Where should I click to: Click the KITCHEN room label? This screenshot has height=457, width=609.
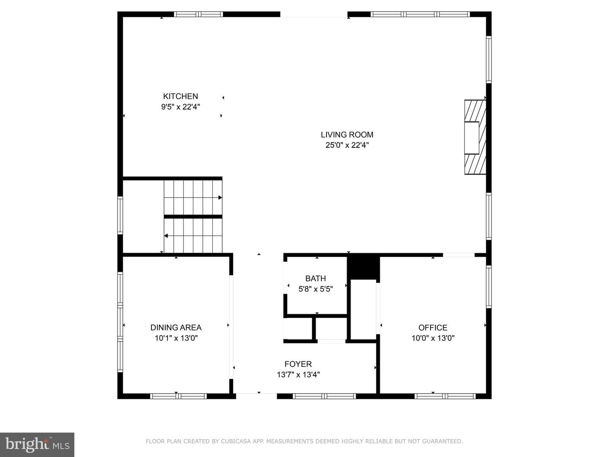(x=180, y=96)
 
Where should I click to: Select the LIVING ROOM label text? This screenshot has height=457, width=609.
(x=347, y=135)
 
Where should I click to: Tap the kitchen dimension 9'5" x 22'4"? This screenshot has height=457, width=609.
(x=180, y=107)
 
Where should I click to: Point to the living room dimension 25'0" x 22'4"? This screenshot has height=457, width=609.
(x=347, y=145)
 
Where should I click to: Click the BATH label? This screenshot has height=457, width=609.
(x=315, y=278)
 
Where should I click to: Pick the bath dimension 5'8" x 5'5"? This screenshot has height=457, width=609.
(x=315, y=289)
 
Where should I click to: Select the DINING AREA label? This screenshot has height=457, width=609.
(x=176, y=328)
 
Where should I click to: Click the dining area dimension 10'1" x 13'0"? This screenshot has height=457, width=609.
(x=176, y=338)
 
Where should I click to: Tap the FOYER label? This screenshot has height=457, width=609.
(x=298, y=364)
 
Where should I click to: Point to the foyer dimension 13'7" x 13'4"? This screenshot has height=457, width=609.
(x=298, y=374)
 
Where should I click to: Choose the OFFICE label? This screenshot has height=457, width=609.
(x=433, y=328)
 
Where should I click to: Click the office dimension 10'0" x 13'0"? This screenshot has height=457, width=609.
(x=433, y=338)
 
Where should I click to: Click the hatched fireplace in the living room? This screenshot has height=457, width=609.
(x=475, y=137)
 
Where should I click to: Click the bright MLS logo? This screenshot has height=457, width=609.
(x=37, y=445)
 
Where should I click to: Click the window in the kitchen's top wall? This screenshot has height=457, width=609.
(x=198, y=14)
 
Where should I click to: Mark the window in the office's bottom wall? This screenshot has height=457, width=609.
(x=445, y=396)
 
